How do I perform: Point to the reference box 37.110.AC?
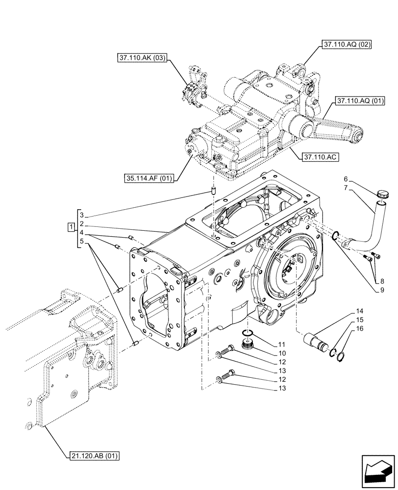point(321,158)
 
